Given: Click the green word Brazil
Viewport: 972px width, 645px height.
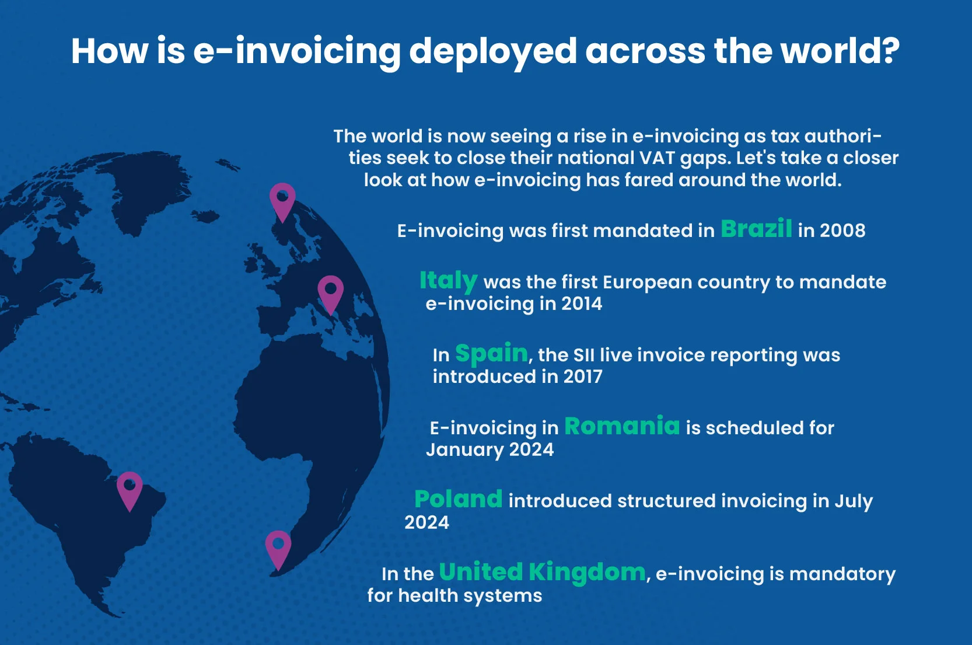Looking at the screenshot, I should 756,229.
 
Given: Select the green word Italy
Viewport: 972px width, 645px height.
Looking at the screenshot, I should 448,281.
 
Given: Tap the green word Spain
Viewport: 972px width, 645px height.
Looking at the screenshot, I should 491,353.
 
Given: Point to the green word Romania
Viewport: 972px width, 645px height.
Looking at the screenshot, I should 622,426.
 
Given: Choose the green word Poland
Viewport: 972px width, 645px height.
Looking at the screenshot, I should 458,499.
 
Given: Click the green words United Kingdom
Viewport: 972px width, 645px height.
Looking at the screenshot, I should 542,572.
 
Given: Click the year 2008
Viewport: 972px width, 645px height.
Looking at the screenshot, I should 842,231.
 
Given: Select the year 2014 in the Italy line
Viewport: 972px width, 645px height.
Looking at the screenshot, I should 581,304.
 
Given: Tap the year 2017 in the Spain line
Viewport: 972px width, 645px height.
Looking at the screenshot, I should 582,376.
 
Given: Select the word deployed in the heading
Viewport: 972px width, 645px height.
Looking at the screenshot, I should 493,51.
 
